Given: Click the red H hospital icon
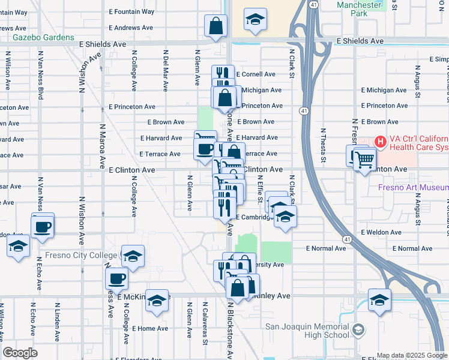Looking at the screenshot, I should click(x=380, y=142).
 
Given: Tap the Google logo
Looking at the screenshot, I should click(x=20, y=352).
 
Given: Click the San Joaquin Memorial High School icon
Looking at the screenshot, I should click(x=358, y=331).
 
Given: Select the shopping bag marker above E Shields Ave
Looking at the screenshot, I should click(x=215, y=26).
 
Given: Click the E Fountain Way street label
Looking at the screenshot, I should click(x=131, y=11).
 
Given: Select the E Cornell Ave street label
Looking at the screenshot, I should click(x=255, y=74).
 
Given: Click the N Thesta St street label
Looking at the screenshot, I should click(x=323, y=145).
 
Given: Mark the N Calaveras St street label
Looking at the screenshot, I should click(x=205, y=327).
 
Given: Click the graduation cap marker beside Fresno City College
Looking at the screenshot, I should click(x=133, y=255).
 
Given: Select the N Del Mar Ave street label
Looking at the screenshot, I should click(x=164, y=67).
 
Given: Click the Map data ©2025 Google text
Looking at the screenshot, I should click(x=411, y=355).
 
